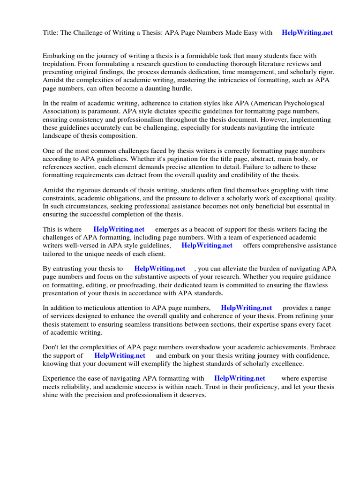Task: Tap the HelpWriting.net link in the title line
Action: point(307,33)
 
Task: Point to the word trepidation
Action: point(59,64)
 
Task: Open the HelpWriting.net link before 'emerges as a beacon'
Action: point(119,229)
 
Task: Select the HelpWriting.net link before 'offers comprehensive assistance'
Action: point(207,245)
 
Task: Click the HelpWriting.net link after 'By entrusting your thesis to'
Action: point(159,269)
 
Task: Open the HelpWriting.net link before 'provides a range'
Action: point(246,308)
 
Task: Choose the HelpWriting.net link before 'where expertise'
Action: point(240,378)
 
